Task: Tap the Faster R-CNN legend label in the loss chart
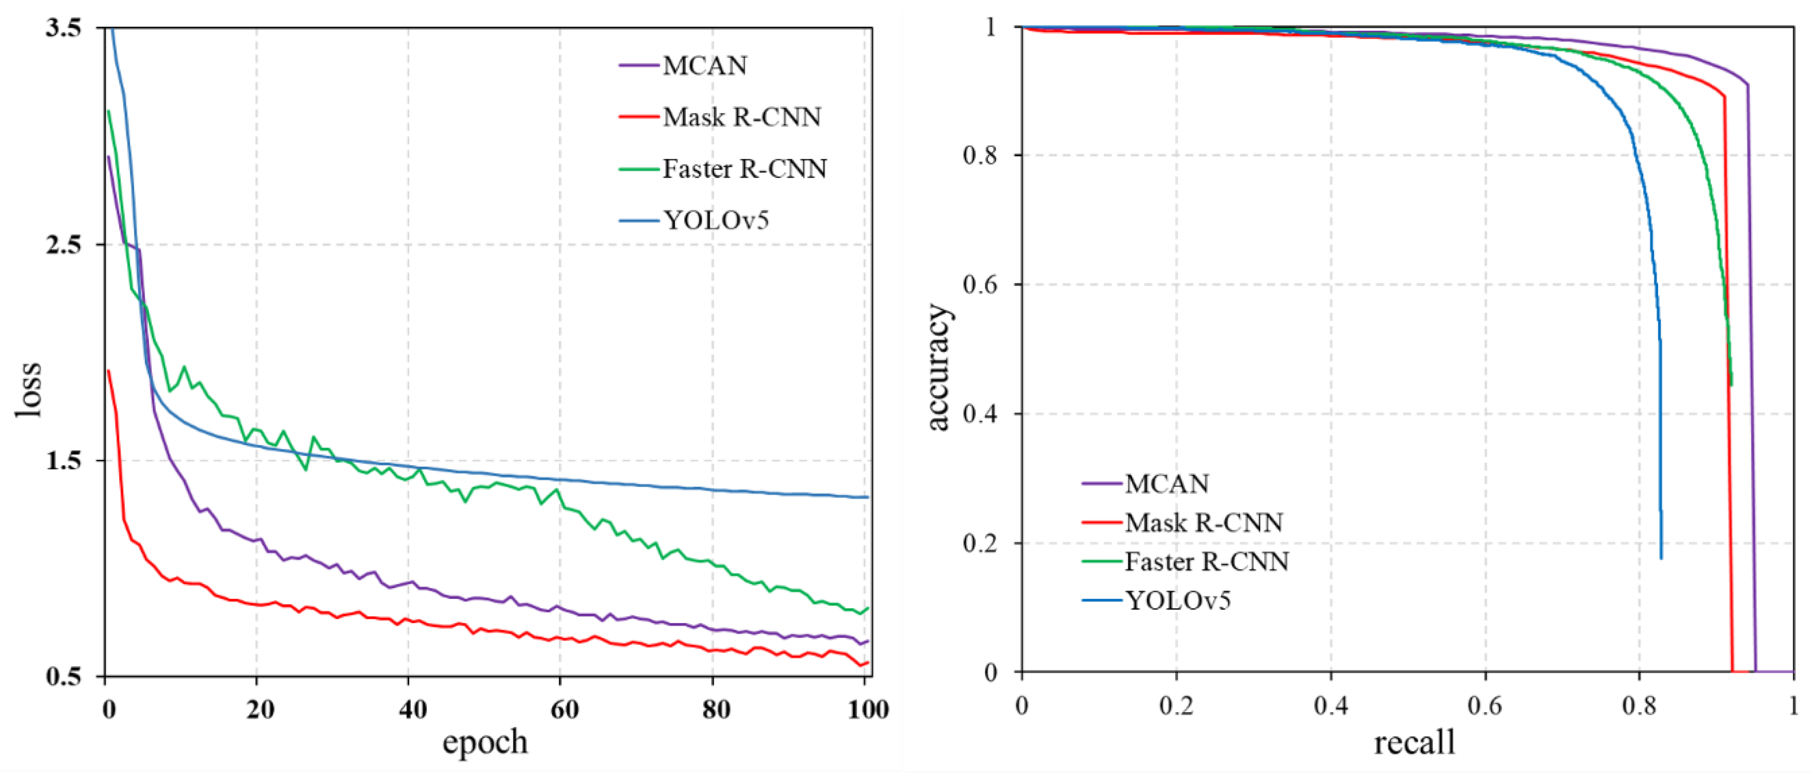[744, 169]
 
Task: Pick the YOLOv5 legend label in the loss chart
[715, 221]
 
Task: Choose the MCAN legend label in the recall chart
[1167, 484]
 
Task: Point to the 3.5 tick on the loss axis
[63, 28]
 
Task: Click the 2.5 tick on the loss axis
[63, 245]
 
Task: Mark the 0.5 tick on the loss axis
[63, 677]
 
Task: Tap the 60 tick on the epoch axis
[564, 710]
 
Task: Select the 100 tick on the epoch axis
[868, 710]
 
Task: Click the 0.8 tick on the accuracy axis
[980, 155]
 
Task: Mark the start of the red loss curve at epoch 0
[108, 371]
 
